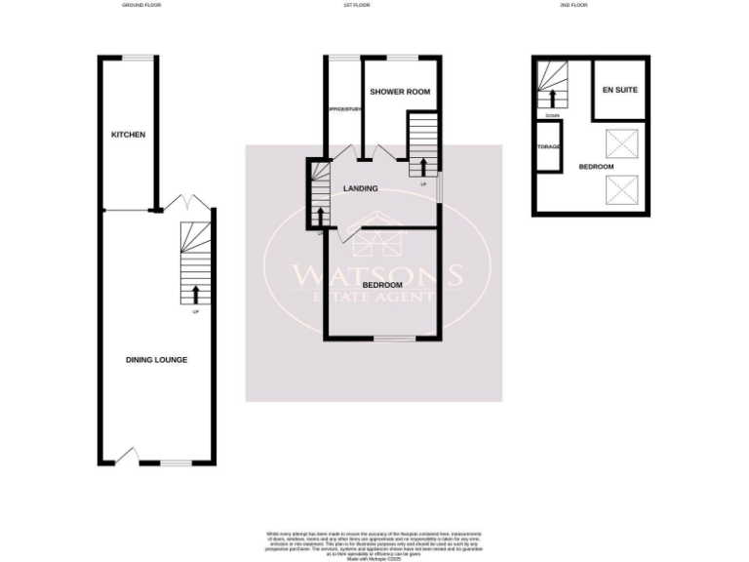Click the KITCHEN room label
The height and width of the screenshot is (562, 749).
[128, 135]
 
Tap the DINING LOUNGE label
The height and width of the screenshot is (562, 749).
[156, 360]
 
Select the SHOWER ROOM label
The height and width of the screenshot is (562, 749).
[400, 92]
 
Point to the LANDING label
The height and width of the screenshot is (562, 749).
[361, 188]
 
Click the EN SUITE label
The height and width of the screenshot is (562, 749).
[620, 90]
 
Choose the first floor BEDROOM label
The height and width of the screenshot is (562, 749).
[382, 285]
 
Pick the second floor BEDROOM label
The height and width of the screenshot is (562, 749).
[596, 167]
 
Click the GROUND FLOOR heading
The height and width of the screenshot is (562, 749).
[141, 6]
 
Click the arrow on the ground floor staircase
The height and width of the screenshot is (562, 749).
[196, 292]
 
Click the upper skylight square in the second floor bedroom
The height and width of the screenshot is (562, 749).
[621, 144]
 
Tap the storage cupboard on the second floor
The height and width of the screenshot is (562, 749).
[548, 148]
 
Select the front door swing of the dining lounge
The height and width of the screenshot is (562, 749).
[128, 454]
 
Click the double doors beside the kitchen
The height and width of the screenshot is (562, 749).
[186, 202]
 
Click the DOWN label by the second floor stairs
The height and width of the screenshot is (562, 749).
[553, 116]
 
